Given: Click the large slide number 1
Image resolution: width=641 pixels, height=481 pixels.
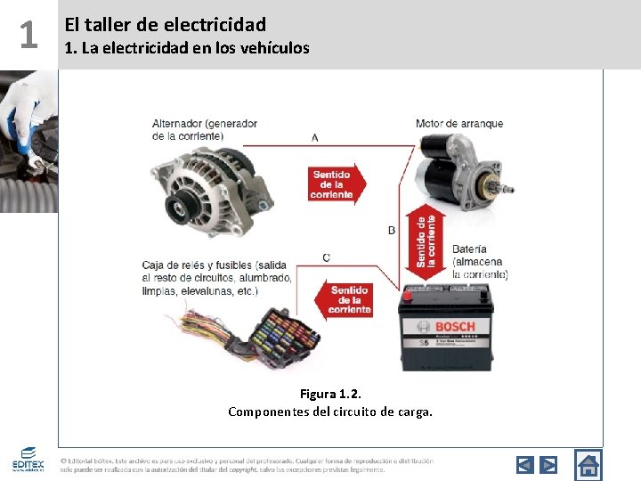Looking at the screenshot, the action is (x=28, y=36).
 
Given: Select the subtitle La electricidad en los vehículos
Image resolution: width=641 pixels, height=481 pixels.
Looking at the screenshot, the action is (x=187, y=48).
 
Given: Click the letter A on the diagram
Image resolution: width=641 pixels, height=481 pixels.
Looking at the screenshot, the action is (x=315, y=138).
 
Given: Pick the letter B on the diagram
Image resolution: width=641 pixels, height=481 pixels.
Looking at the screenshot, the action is (x=392, y=230).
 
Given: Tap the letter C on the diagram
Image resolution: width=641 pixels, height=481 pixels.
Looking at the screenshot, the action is (x=326, y=257).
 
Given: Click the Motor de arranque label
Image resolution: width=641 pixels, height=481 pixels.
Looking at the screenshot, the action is (x=458, y=123).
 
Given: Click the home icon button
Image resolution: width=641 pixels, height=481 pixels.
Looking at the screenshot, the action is (x=588, y=464).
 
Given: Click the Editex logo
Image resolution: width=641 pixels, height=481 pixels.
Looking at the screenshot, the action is (x=28, y=461).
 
